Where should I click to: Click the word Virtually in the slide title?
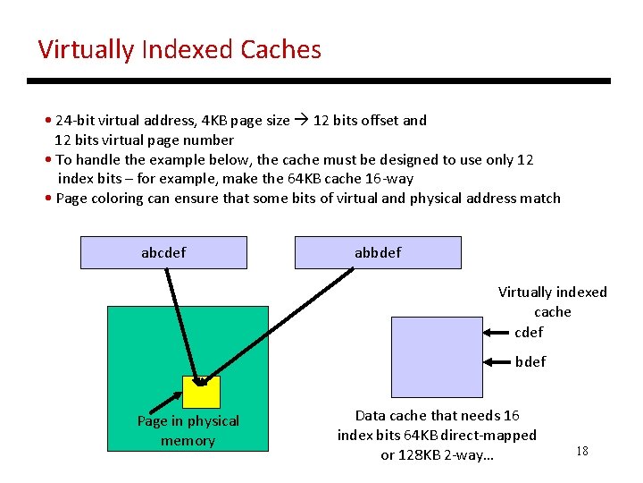tap(87, 49)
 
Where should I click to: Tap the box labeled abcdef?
tap(163, 252)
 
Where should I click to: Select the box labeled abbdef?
tap(378, 252)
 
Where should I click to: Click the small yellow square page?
tap(201, 392)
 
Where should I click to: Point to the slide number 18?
tap(582, 451)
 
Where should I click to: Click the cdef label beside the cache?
tap(529, 333)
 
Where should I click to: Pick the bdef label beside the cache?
tap(530, 361)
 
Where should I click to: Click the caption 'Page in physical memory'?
tap(188, 430)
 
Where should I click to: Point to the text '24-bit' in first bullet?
tap(75, 120)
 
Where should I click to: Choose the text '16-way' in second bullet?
tap(389, 178)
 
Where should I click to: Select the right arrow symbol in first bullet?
tap(301, 120)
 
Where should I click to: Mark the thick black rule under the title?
tap(319, 80)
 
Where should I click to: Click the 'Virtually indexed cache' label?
tap(552, 301)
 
